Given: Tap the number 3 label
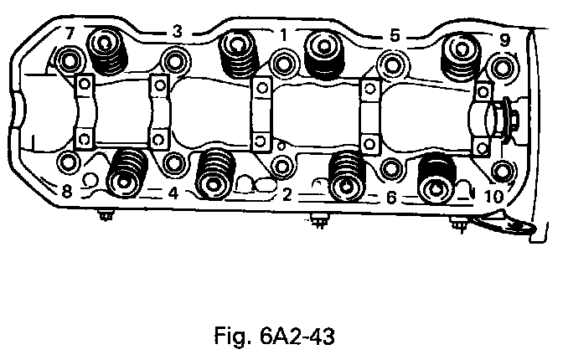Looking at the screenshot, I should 177,31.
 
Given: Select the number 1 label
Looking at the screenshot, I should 284,34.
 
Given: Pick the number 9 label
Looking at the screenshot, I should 504,39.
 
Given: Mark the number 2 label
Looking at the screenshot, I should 286,196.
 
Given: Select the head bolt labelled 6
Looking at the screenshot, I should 390,170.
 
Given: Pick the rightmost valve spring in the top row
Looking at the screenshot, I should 461,54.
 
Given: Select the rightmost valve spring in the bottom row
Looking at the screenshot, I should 436,177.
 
